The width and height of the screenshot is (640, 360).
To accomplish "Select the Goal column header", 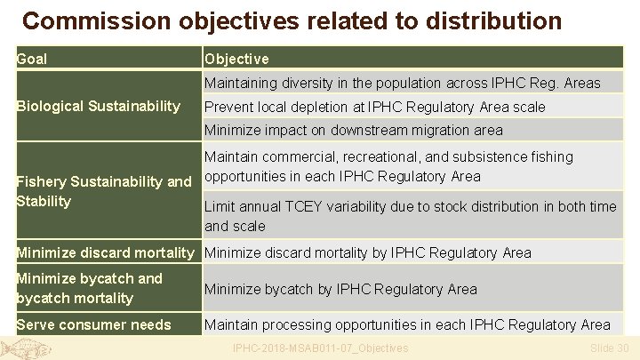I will pos(33,59).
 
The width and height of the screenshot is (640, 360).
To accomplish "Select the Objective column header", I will pos(236,59).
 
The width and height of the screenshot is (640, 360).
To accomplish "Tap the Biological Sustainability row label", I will pos(99,107).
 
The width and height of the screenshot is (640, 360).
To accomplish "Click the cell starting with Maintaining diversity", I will pos(402,84).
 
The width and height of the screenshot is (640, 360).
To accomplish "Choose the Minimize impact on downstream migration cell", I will pos(353,130).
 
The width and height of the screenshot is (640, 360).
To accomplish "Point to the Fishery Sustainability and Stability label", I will pos(104,191).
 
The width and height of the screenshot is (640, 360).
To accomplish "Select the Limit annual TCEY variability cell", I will pos(422,216).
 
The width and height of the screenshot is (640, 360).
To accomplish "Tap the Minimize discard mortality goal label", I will pos(105,252).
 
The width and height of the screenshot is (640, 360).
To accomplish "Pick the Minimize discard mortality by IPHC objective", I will pos(367,252).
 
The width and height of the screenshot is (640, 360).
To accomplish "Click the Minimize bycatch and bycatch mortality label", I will pos(89,288).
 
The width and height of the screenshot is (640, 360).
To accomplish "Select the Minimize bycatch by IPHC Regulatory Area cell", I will pos(340,289).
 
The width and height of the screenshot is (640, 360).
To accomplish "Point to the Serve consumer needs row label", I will pos(93,324).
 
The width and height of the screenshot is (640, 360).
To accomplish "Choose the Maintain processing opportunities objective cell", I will pos(407,324).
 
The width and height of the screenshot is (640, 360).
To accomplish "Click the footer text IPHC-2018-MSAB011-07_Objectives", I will pos(319,348).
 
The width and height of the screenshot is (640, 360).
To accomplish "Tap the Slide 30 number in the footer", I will pos(609,348).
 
